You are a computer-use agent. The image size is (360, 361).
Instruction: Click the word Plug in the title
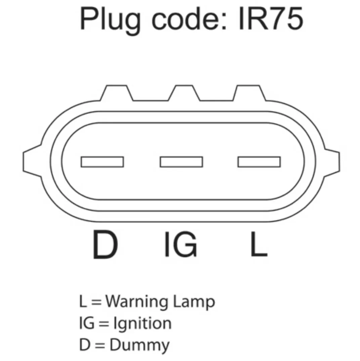coord(109,20)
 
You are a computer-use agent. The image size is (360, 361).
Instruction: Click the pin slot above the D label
coord(102,162)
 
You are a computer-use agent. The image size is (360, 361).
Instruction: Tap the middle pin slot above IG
coord(181,162)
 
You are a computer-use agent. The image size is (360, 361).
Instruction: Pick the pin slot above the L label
coord(259,162)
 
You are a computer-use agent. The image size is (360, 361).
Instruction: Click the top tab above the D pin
coord(117,94)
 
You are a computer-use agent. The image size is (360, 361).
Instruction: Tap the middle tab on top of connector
coord(184,94)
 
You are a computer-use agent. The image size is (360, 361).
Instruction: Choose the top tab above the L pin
coord(250,94)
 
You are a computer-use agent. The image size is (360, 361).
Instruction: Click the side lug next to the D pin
coord(32,161)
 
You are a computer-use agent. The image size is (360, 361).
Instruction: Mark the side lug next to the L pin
coord(332,161)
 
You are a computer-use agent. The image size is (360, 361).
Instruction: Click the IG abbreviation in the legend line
coord(85,323)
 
